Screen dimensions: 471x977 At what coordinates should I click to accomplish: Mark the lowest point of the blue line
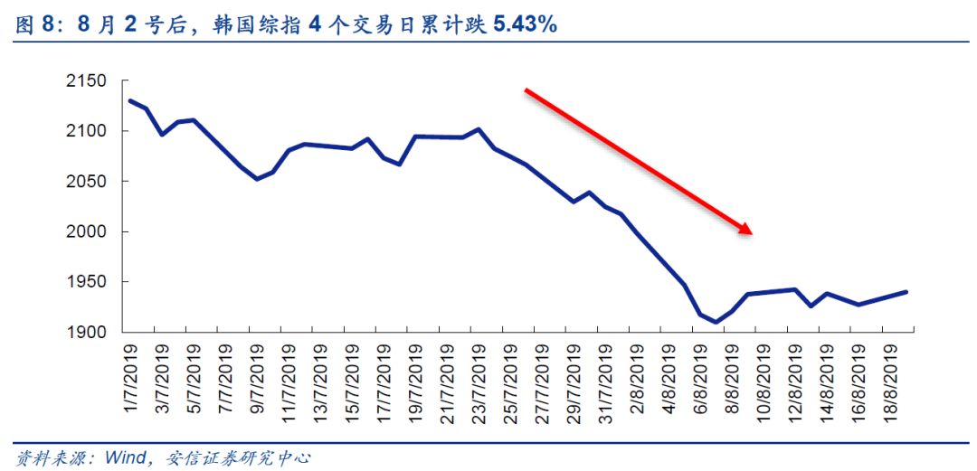pyautogui.click(x=716, y=322)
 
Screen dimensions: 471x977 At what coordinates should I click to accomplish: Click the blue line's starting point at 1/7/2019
pyautogui.click(x=129, y=100)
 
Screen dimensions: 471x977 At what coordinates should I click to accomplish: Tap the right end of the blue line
pyautogui.click(x=906, y=292)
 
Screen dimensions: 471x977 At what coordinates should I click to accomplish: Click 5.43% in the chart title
pyautogui.click(x=524, y=24)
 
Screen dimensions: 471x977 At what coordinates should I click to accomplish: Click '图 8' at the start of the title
pyautogui.click(x=33, y=24)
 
